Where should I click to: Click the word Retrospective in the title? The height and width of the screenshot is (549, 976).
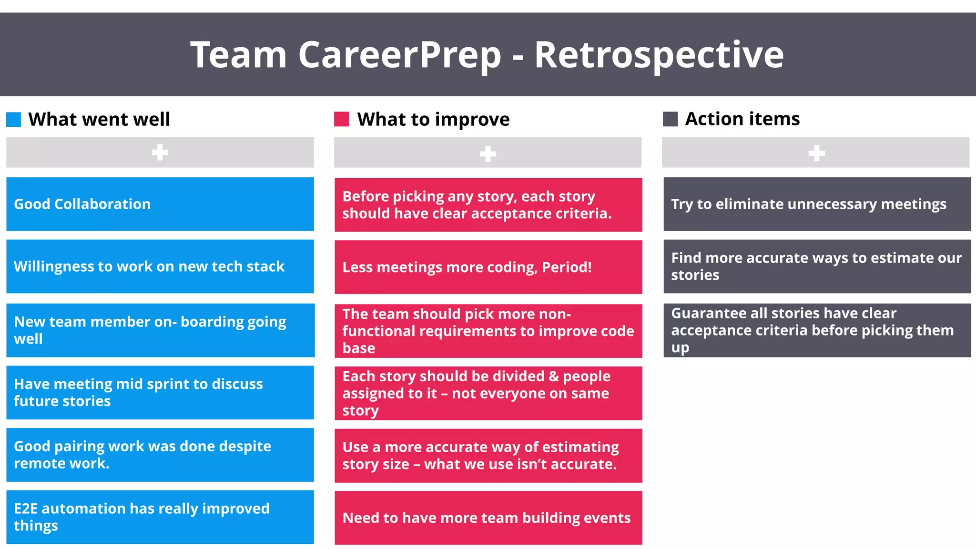pos(659,55)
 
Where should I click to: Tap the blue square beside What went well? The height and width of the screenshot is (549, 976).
pos(14,119)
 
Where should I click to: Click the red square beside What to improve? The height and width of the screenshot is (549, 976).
pos(341,119)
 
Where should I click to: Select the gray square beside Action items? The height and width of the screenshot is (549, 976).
pos(670,119)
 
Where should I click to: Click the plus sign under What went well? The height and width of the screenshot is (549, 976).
pos(160,152)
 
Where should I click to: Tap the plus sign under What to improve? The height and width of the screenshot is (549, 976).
pos(488,153)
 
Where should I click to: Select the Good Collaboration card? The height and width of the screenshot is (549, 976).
pos(160,204)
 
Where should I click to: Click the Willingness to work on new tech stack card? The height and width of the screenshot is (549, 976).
pos(160,266)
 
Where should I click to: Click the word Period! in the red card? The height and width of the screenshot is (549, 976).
pos(567,267)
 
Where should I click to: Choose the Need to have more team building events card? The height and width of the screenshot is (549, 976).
pos(488,518)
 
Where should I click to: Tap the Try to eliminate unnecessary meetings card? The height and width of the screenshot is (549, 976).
pos(817,204)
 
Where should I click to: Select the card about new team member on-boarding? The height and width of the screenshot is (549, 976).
pos(160,330)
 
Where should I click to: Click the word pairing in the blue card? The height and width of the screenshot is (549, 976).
pos(79,447)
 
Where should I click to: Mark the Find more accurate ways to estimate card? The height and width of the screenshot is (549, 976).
pos(817,266)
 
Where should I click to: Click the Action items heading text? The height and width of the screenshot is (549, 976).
pos(742,119)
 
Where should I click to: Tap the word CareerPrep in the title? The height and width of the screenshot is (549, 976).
pos(399,55)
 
